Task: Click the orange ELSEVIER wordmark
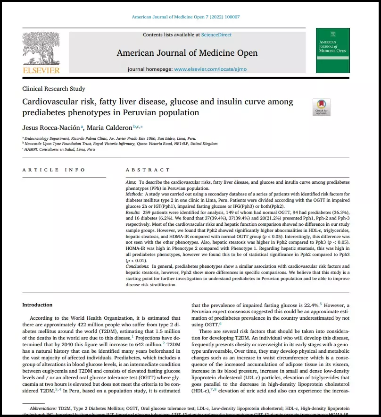click(41, 70)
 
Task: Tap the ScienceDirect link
click(216, 34)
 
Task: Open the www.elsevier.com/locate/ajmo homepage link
click(210, 69)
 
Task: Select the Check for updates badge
click(321, 107)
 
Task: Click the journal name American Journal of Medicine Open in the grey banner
click(187, 52)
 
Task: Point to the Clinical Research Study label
click(54, 89)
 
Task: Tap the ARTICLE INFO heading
click(54, 170)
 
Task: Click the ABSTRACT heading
click(148, 170)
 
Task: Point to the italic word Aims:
click(132, 182)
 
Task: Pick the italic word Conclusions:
click(138, 266)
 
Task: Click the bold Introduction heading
click(37, 305)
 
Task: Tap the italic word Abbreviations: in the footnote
click(43, 407)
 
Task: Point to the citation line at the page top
click(186, 17)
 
